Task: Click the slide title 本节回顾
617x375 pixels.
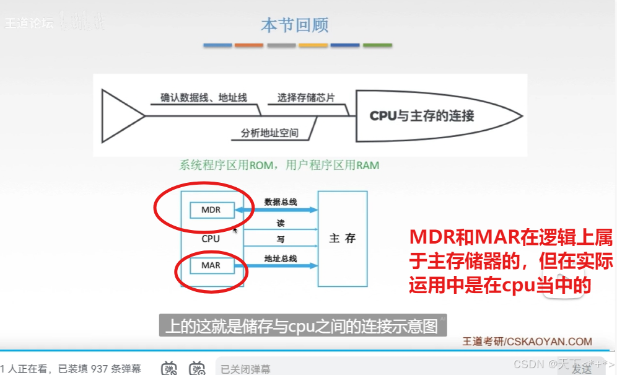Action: click(295, 25)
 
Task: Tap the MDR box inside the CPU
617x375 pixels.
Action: click(211, 210)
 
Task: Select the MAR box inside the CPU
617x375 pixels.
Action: click(211, 265)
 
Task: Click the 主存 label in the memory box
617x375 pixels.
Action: click(343, 238)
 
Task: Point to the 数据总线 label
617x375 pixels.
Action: click(281, 201)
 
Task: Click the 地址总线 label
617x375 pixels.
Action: click(281, 257)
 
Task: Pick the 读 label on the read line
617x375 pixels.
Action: click(281, 223)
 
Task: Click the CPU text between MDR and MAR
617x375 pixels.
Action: click(211, 237)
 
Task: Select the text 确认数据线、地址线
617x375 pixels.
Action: click(204, 97)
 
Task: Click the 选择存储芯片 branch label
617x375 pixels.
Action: click(306, 97)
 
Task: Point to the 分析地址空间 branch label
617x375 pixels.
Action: click(269, 133)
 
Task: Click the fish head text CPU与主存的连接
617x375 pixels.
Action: click(422, 116)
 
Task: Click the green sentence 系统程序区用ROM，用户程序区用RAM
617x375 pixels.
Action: click(279, 165)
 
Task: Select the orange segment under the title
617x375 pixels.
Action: click(249, 45)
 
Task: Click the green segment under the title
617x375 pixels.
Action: click(377, 45)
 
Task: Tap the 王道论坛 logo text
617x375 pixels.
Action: click(28, 24)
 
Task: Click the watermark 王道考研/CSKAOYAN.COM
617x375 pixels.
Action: click(527, 342)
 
